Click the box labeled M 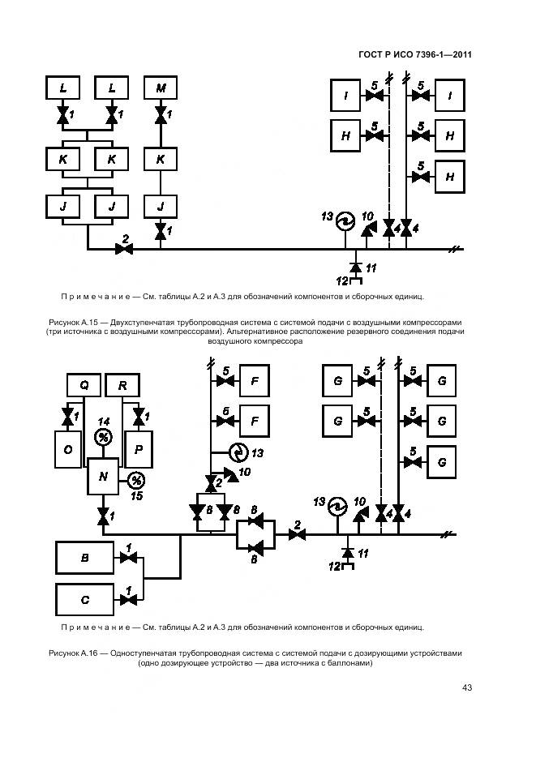161,88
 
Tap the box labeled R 122,386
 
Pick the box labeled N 103,477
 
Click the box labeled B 84,558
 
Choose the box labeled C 84,600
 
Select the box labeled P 139,448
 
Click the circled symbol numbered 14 103,438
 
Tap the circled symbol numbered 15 136,479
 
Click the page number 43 467,687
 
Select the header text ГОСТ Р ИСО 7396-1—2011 415,55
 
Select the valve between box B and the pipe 127,558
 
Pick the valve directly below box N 103,516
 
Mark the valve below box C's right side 127,600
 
